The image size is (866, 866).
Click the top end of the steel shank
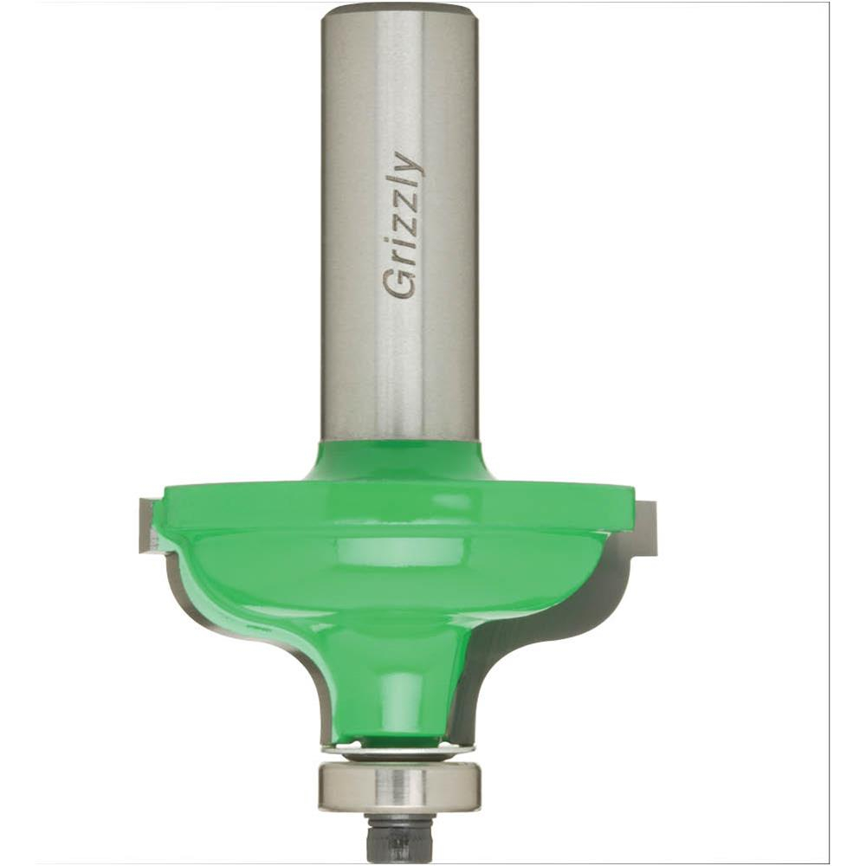[x=398, y=8]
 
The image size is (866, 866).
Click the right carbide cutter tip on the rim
[x=647, y=527]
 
